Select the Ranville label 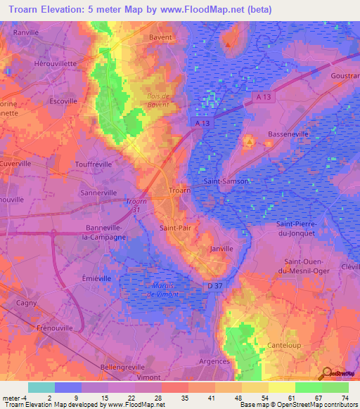click(x=25, y=32)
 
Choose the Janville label click(x=221, y=249)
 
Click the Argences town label click(x=214, y=361)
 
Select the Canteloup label click(x=285, y=345)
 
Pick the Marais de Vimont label click(x=166, y=289)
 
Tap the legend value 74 click(x=345, y=397)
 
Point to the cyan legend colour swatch click(x=41, y=387)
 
